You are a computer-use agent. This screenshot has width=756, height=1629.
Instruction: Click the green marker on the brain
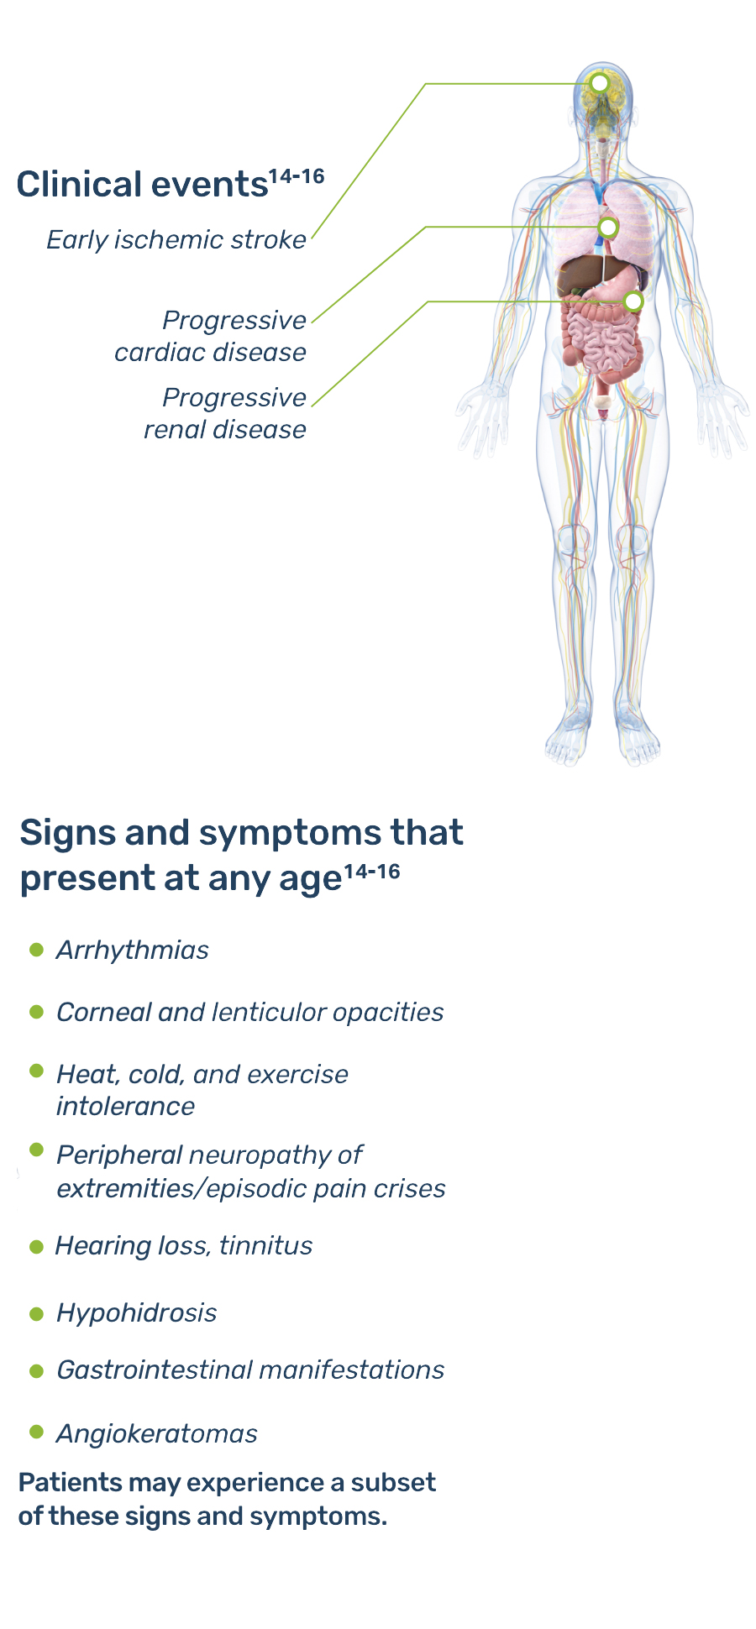pos(600,83)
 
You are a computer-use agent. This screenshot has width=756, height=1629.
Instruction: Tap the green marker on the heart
pos(608,227)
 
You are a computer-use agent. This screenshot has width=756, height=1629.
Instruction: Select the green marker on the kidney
pos(634,301)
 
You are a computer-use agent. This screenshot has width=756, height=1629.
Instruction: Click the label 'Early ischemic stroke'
pos(176,240)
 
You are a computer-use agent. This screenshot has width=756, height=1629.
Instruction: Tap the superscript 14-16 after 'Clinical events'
pos(297,176)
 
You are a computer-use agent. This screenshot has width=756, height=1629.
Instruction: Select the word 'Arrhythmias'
pos(133,951)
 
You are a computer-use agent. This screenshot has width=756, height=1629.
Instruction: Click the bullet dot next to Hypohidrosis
pos(36,1313)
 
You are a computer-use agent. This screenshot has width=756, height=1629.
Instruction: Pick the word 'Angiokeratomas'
pos(157,1434)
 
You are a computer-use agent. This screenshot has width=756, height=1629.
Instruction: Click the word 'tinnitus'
pos(265,1246)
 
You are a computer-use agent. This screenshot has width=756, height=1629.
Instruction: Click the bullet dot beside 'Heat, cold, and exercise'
pos(36,1071)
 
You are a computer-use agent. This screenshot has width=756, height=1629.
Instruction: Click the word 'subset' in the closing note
pos(393,1483)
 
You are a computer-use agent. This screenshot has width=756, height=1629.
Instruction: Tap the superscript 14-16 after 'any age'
pos(372,871)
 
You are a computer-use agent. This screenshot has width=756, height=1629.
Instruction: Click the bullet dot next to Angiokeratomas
pos(36,1432)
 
